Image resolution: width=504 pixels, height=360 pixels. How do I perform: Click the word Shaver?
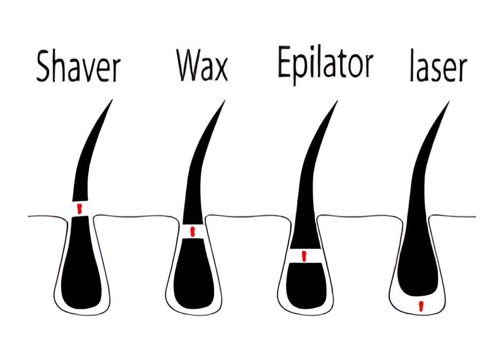pyautogui.click(x=78, y=68)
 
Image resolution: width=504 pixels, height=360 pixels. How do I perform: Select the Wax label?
pyautogui.click(x=202, y=65)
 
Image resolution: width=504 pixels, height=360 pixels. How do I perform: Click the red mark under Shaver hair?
pyautogui.click(x=78, y=209)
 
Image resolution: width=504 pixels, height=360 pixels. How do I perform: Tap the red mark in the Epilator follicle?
pyautogui.click(x=304, y=256)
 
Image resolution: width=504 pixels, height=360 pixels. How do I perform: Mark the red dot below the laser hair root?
pyautogui.click(x=420, y=306)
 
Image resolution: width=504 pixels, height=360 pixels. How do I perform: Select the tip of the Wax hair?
pyautogui.click(x=224, y=102)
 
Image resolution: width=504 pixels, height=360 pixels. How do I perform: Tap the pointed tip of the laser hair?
pyautogui.click(x=448, y=103)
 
